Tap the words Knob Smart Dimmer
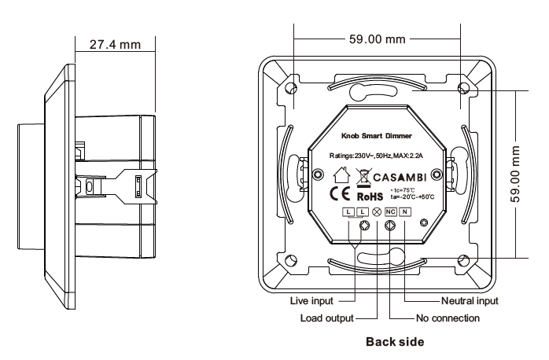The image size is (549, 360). coord(376,138)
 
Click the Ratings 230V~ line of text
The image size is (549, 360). coord(378,155)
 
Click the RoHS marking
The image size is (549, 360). coord(370,197)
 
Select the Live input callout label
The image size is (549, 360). coord(312,301)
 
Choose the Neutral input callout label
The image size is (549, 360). coord(470,301)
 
